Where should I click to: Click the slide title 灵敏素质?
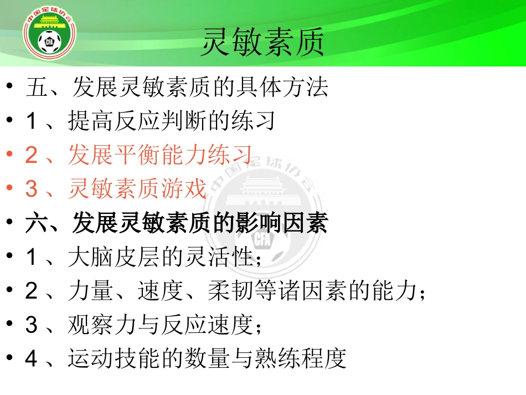(x=262, y=43)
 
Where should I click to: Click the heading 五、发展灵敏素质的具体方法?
(x=177, y=87)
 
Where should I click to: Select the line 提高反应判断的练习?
(x=172, y=121)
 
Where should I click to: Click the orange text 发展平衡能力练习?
(x=161, y=155)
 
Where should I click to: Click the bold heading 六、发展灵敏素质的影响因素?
(x=177, y=223)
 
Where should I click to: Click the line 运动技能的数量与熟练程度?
(x=207, y=359)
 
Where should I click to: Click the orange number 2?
(x=32, y=156)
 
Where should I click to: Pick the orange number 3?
(x=32, y=189)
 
